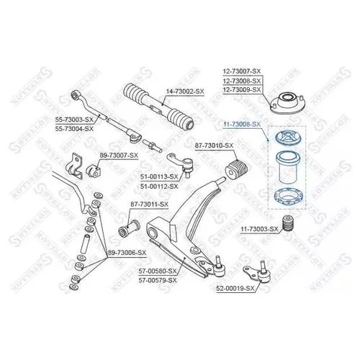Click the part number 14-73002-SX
coord(185,91)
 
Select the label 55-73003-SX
coord(74,120)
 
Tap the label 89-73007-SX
coord(119,156)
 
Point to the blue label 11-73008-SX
coord(242,125)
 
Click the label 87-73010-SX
coord(214,145)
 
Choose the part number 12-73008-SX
coord(242,81)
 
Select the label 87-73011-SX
coord(149,204)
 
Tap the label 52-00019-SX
coord(235,289)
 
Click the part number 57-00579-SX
coord(158,280)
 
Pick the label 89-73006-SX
coord(127,253)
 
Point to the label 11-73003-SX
coord(259,230)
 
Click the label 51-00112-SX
coord(159,186)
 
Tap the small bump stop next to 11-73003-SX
coord(287,224)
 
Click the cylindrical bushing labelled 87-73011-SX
coord(129,228)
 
